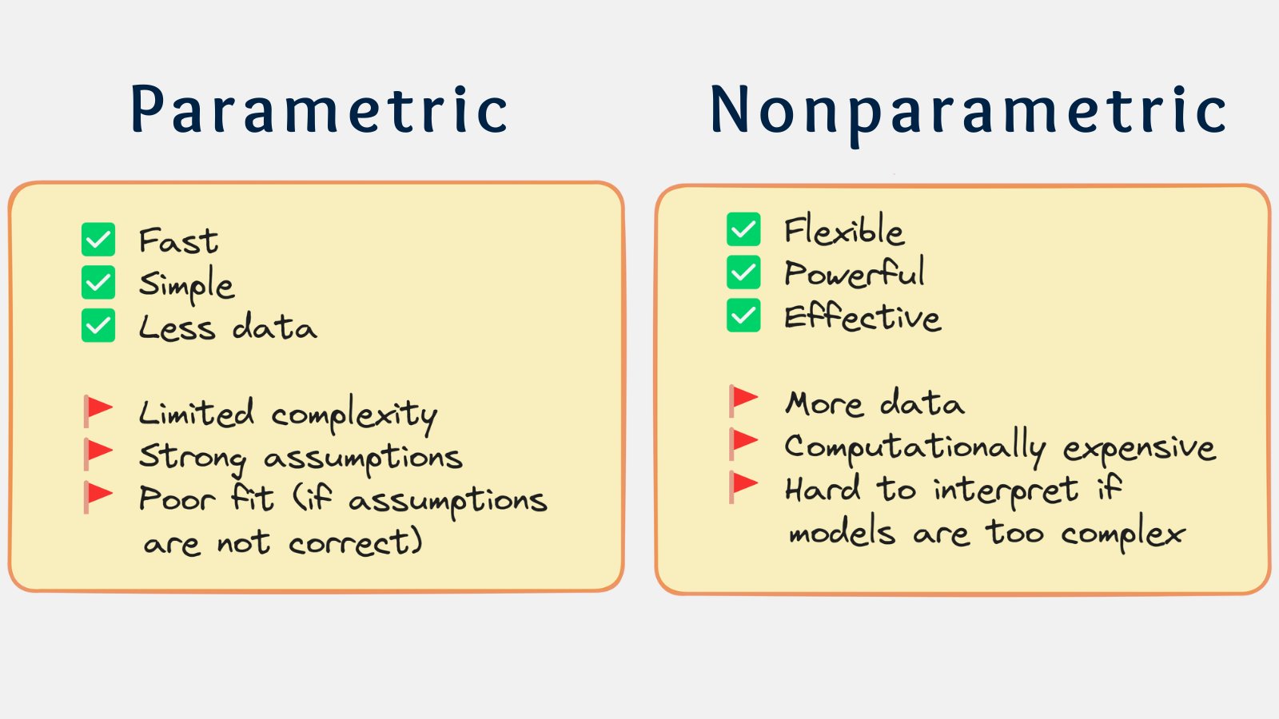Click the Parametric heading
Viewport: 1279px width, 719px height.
tap(319, 109)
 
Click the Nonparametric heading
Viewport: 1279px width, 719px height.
tap(968, 114)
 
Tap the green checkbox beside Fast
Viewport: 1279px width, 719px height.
tap(98, 239)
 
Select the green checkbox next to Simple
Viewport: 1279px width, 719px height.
tap(98, 282)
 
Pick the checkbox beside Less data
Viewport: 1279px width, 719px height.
tap(98, 325)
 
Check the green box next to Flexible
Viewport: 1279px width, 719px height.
tap(743, 228)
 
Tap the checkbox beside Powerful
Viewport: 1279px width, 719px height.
tap(743, 272)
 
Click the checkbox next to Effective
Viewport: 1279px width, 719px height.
tap(743, 315)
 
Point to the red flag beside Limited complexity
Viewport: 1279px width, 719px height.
tap(98, 411)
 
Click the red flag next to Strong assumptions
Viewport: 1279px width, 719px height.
tap(98, 455)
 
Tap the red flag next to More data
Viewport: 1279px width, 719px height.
tap(743, 401)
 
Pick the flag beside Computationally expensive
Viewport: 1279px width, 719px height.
tap(743, 444)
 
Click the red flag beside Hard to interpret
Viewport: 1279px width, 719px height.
tap(743, 488)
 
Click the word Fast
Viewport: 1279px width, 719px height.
tap(178, 240)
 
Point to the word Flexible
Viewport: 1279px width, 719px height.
tap(844, 229)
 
